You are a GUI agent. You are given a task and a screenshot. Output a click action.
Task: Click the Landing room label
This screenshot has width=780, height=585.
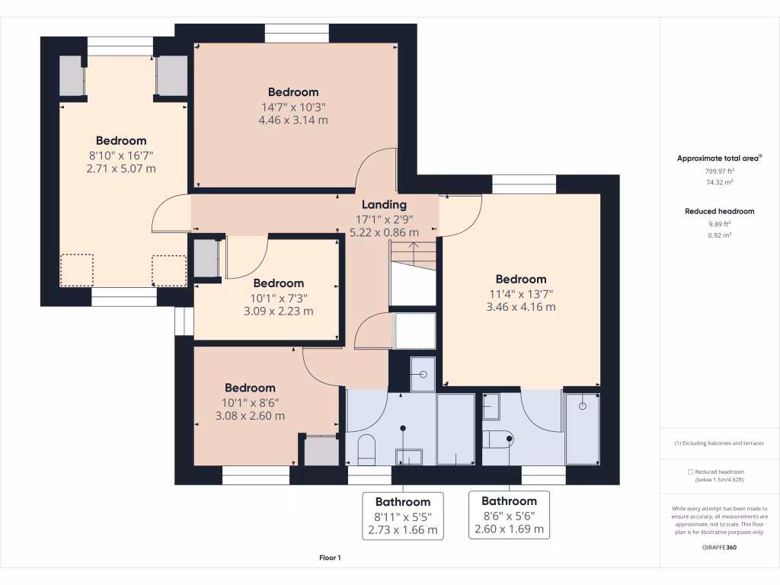pyautogui.click(x=384, y=204)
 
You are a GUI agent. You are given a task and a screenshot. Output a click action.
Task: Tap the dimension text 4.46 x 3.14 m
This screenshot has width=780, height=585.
pyautogui.click(x=293, y=120)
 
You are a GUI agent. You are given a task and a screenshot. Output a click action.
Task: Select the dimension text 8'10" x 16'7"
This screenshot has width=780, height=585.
pyautogui.click(x=121, y=155)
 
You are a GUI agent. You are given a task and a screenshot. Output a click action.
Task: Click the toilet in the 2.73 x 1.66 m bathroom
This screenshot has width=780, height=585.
pyautogui.click(x=366, y=450)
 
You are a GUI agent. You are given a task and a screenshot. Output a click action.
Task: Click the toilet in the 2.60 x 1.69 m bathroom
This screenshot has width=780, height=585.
pyautogui.click(x=497, y=440)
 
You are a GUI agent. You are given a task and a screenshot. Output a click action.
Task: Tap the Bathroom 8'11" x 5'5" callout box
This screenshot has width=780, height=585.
pyautogui.click(x=403, y=516)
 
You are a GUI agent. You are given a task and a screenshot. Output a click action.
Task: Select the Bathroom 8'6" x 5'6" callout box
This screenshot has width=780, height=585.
pyautogui.click(x=510, y=515)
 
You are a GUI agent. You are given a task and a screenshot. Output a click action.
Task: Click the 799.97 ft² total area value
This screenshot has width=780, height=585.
pyautogui.click(x=720, y=171)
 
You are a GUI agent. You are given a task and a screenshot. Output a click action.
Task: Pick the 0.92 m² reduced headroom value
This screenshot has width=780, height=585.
pyautogui.click(x=720, y=235)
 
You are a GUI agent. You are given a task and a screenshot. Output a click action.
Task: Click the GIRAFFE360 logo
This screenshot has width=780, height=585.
pyautogui.click(x=720, y=547)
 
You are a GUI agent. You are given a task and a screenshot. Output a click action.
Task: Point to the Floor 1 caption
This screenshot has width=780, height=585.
pyautogui.click(x=331, y=558)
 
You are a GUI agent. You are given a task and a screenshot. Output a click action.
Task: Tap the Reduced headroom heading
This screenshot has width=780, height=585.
pyautogui.click(x=720, y=212)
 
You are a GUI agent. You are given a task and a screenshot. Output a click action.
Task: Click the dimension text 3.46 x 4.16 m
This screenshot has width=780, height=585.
pyautogui.click(x=521, y=307)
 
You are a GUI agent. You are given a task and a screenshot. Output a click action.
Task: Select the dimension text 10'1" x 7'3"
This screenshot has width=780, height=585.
pyautogui.click(x=279, y=299)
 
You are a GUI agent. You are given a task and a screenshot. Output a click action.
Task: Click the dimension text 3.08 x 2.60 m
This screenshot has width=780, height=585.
pyautogui.click(x=250, y=416)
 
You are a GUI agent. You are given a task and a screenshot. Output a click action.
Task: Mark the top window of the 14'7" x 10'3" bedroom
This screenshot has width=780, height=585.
pyautogui.click(x=297, y=34)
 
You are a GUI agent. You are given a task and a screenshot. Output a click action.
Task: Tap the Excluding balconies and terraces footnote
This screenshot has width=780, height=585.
pyautogui.click(x=719, y=443)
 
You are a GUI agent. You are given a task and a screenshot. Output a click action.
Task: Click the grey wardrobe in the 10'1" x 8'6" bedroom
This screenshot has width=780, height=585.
pyautogui.click(x=321, y=451)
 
